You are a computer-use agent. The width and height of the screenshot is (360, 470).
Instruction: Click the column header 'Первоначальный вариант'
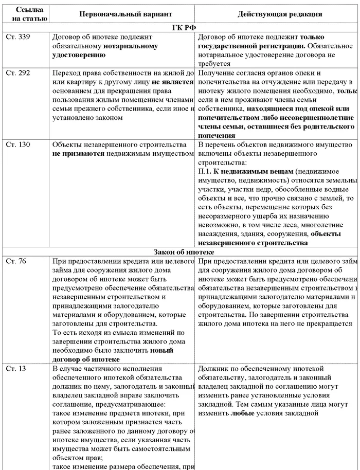point(123,14)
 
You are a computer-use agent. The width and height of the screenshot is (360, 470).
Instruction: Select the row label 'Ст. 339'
point(17,37)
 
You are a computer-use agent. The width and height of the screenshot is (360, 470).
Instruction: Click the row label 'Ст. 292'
point(17,73)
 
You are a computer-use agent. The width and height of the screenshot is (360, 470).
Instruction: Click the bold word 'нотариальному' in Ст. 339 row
point(131,46)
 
